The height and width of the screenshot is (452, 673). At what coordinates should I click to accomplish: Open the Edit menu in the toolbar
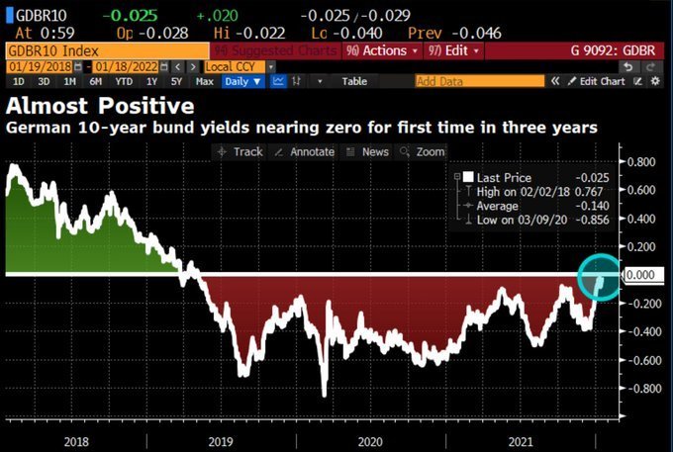454,49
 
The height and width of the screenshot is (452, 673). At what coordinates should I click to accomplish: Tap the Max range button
204,81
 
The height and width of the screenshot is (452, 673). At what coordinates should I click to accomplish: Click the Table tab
353,81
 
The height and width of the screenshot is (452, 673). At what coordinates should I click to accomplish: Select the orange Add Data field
479,81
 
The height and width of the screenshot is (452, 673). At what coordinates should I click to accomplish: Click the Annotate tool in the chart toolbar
306,151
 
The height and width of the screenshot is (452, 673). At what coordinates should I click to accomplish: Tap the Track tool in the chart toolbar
241,151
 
